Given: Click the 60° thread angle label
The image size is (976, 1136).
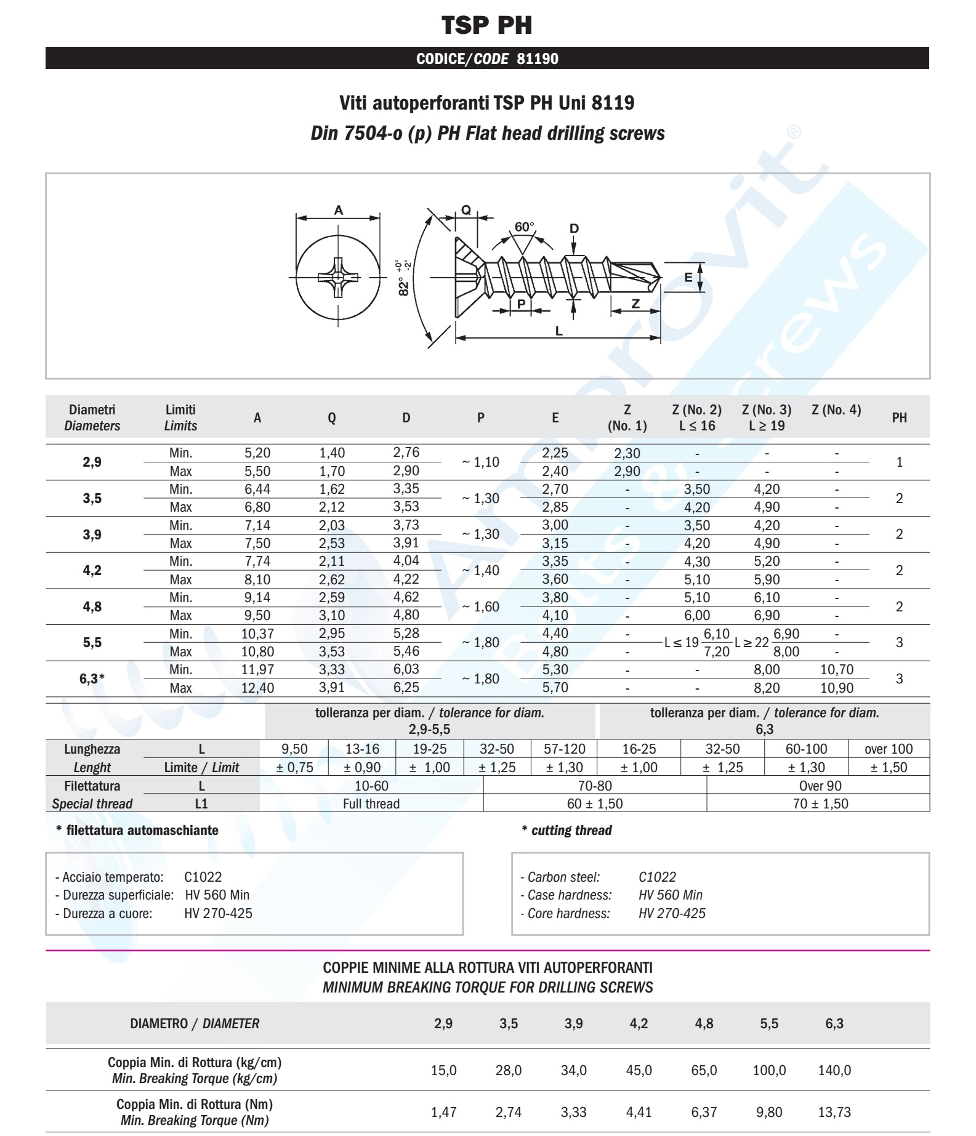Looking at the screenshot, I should tap(525, 227).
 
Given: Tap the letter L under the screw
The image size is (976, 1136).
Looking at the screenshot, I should tap(559, 331).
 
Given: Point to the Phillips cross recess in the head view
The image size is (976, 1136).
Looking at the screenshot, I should tap(337, 278).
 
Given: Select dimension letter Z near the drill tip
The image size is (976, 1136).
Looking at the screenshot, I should tap(635, 304).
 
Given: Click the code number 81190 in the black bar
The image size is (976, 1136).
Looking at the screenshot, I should tap(538, 59).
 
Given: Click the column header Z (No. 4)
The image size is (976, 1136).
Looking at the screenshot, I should tap(836, 410).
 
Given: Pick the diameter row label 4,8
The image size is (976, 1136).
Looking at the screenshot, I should tap(92, 606).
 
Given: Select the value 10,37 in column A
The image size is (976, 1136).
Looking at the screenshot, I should tap(257, 634).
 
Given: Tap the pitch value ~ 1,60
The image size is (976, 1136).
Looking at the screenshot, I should tap(480, 606).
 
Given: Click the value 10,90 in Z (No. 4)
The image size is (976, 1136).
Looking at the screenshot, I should tap(837, 688).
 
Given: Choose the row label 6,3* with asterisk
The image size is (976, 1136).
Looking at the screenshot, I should tap(92, 679).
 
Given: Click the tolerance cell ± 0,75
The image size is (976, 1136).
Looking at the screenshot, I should tap(294, 767).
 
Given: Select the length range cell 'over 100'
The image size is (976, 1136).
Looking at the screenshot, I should tap(889, 749).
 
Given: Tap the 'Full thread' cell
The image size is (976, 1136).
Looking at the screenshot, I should tap(371, 804).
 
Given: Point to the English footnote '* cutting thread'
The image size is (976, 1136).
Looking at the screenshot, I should tap(567, 831).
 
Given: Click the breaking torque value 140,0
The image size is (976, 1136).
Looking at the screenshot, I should tap(834, 1070).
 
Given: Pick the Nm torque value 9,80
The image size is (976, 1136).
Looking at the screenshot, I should tap(769, 1112).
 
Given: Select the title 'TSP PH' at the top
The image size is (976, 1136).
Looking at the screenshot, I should tap(487, 25).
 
